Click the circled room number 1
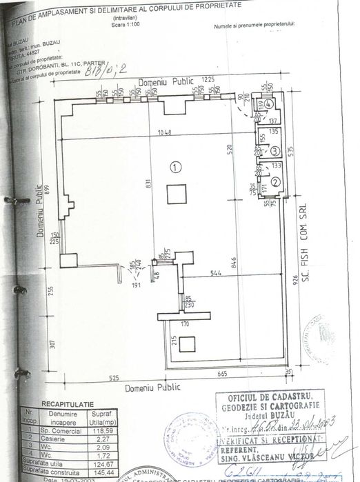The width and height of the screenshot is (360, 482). coord(176,166)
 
